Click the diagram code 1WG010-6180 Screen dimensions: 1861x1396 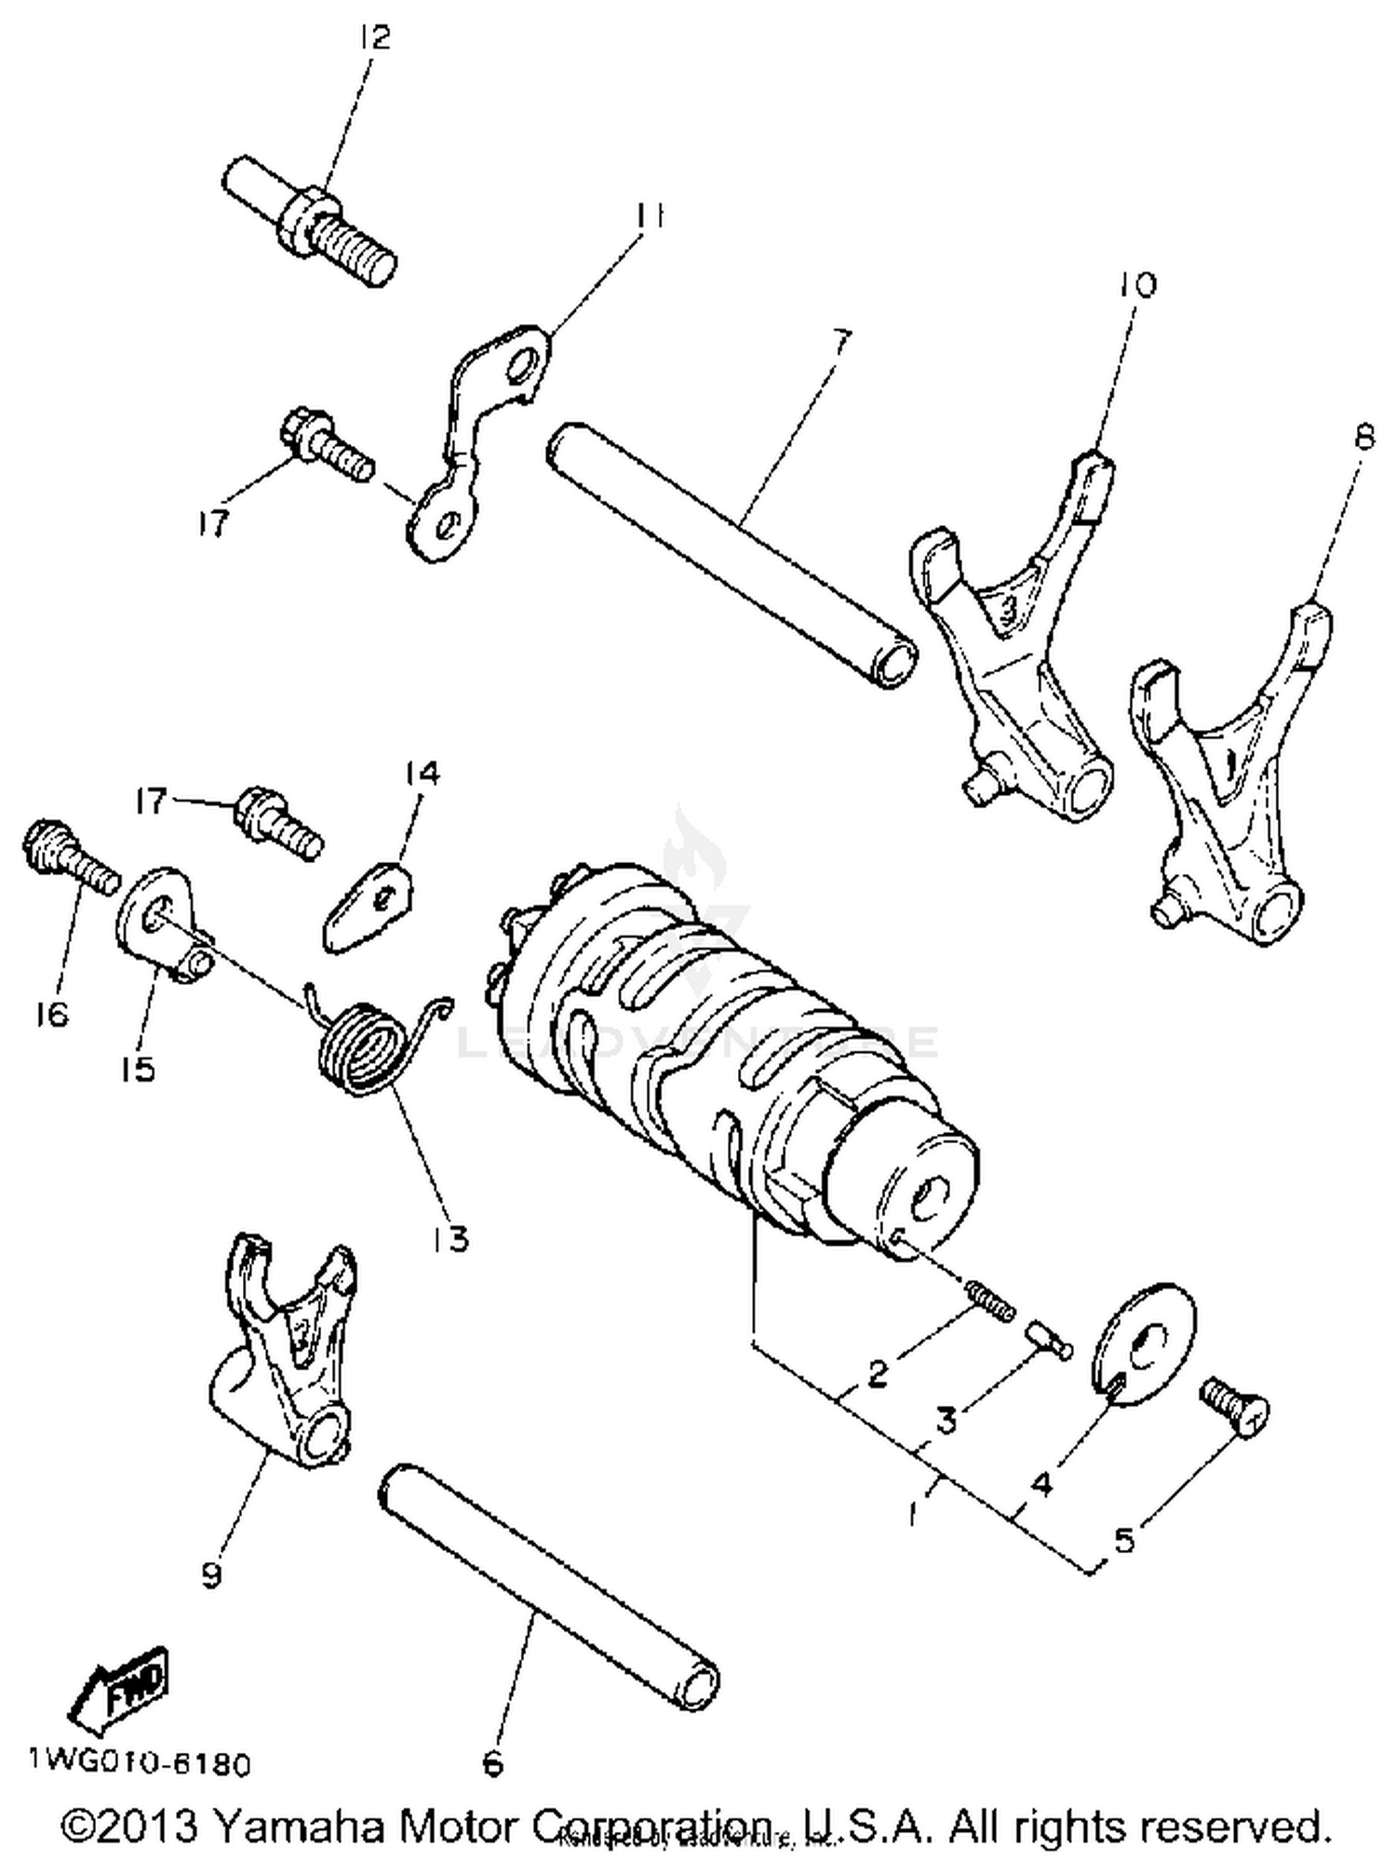coord(140,1764)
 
